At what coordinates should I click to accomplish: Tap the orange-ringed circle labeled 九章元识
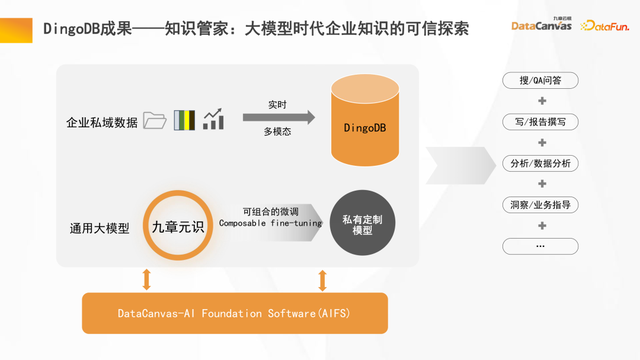(x=176, y=227)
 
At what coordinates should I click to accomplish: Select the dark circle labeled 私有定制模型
(x=360, y=224)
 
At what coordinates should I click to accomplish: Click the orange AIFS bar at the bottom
(x=234, y=313)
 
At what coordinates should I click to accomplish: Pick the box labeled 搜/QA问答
(x=541, y=80)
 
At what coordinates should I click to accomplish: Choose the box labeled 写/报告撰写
(x=541, y=121)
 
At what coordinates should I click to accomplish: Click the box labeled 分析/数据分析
(x=541, y=163)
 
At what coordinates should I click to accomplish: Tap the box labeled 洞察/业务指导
(x=541, y=204)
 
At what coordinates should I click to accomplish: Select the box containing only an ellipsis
(x=541, y=245)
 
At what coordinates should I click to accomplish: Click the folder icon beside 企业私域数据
(x=154, y=121)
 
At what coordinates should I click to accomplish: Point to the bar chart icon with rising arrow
(x=212, y=120)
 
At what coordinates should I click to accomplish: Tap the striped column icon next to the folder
(x=183, y=121)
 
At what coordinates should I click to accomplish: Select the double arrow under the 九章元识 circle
(x=148, y=278)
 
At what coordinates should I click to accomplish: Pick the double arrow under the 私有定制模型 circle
(x=322, y=278)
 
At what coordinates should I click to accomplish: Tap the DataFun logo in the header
(x=604, y=25)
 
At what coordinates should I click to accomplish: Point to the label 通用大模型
(x=100, y=228)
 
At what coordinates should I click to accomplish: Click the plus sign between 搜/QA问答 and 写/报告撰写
(x=541, y=101)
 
